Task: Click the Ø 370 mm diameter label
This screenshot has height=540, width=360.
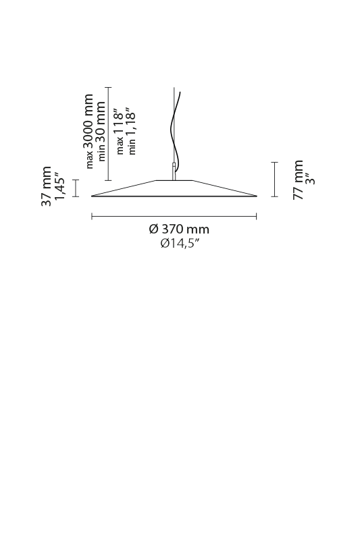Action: [x=179, y=229]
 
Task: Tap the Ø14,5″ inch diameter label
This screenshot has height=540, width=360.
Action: [x=180, y=244]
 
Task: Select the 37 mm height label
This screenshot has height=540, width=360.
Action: [x=47, y=186]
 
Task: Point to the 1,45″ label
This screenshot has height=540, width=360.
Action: [x=59, y=188]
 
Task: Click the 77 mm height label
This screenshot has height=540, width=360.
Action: [x=299, y=180]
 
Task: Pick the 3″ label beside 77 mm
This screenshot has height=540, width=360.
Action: [x=311, y=179]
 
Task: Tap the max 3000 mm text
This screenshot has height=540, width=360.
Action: [x=89, y=131]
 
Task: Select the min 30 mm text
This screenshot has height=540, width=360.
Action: [x=101, y=131]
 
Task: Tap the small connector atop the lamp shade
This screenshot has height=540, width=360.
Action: [x=174, y=171]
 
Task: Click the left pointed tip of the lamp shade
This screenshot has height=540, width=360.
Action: [x=91, y=196]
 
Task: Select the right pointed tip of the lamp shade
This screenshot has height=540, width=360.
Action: [x=257, y=196]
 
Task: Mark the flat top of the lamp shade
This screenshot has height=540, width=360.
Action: [x=174, y=180]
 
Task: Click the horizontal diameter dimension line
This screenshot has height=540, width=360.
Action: [x=174, y=216]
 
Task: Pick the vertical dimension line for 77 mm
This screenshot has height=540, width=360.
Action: [x=275, y=180]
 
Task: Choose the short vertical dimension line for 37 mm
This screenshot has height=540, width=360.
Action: [x=76, y=188]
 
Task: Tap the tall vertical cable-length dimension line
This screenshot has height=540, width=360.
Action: [x=109, y=134]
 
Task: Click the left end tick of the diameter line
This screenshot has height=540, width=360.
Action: [x=92, y=216]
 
